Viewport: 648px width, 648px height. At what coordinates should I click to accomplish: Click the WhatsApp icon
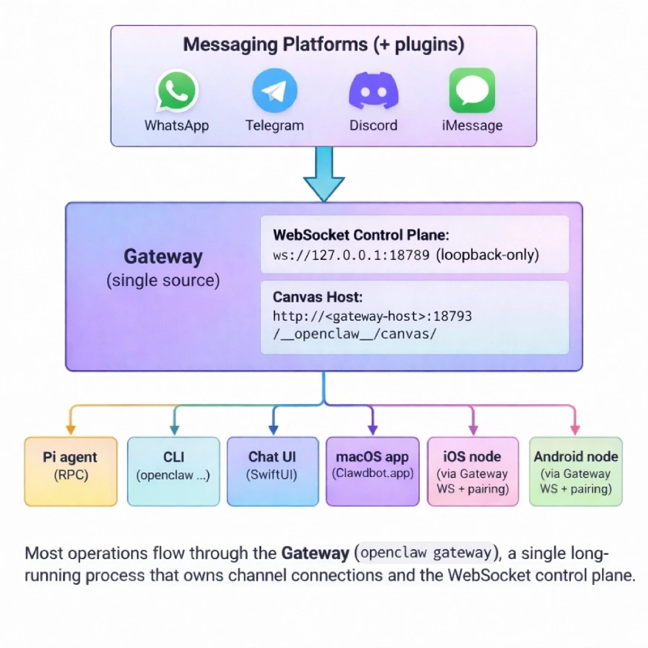pyautogui.click(x=177, y=91)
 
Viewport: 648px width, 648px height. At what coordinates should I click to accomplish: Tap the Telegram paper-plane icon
pyautogui.click(x=274, y=91)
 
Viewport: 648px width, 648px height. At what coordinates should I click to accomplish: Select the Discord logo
pyautogui.click(x=373, y=91)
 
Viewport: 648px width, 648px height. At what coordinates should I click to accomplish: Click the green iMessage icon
pyautogui.click(x=472, y=91)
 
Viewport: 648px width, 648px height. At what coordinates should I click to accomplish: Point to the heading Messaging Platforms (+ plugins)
pyautogui.click(x=323, y=45)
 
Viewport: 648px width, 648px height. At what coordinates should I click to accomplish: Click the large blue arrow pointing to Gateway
pyautogui.click(x=324, y=174)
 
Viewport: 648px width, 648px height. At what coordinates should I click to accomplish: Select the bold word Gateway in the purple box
pyautogui.click(x=163, y=257)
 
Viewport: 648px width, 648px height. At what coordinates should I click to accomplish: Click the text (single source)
pyautogui.click(x=163, y=281)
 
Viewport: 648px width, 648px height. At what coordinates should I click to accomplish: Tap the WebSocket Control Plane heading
pyautogui.click(x=361, y=235)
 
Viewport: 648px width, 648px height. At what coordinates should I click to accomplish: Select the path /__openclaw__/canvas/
pyautogui.click(x=354, y=334)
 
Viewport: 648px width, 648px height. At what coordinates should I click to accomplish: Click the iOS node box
pyautogui.click(x=473, y=471)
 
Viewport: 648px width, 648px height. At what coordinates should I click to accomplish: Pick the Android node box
pyautogui.click(x=575, y=471)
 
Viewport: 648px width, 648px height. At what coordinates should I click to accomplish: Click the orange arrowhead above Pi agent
pyautogui.click(x=71, y=430)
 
